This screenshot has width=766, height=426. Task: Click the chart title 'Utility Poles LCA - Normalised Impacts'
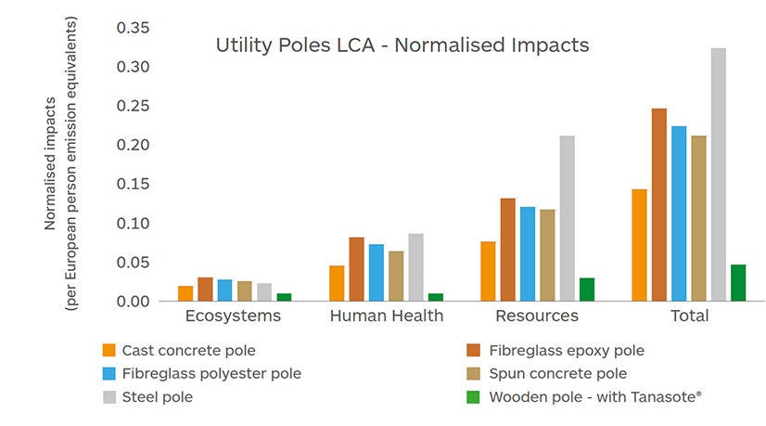point(402,45)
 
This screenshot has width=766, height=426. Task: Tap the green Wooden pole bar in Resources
point(586,290)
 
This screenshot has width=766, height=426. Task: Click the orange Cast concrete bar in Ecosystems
point(185,293)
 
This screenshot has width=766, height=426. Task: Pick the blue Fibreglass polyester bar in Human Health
point(376,273)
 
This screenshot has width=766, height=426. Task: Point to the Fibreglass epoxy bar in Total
point(658,205)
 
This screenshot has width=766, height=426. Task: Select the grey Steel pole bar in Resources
point(567,218)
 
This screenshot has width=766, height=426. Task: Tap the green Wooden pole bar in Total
point(737,283)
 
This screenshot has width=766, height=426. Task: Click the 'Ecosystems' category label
point(233,316)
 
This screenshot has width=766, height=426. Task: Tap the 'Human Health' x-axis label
point(387,316)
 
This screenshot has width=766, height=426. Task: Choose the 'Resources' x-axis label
point(537,316)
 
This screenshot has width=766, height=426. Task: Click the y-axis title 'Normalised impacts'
point(51,162)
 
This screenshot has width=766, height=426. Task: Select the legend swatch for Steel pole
point(109,397)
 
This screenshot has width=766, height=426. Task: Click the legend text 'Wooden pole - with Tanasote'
point(594,396)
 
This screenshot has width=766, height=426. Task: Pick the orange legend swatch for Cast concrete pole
point(109,351)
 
